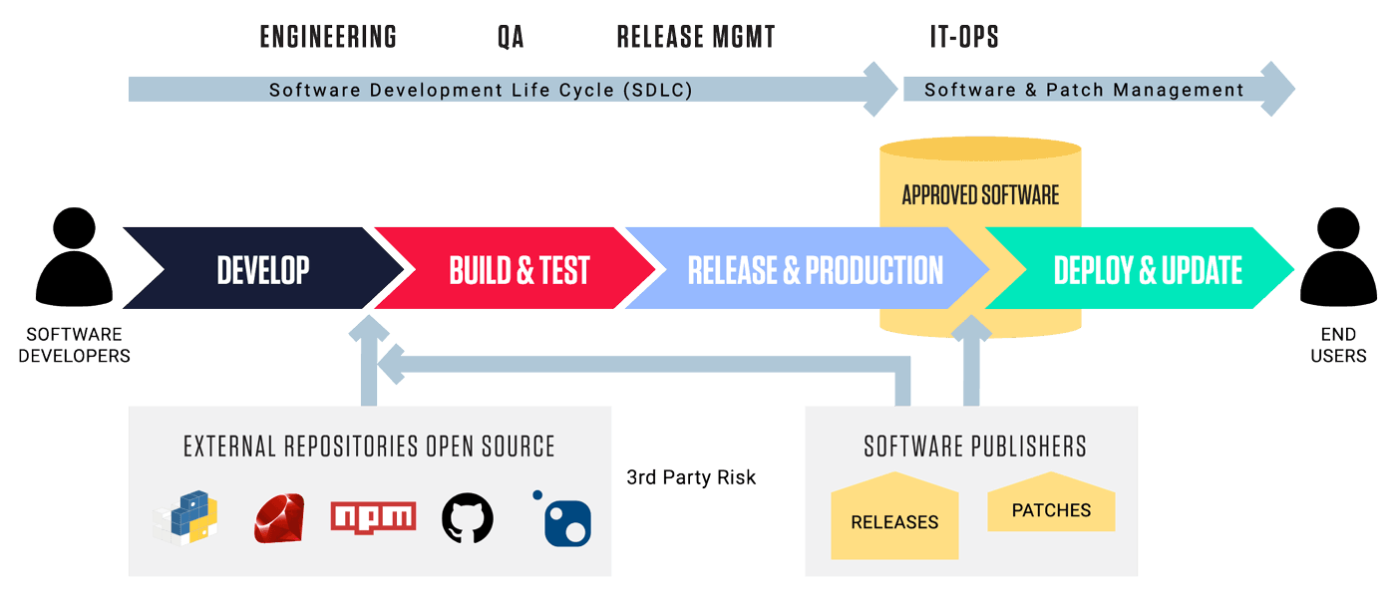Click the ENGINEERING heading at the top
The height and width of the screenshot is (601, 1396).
328,38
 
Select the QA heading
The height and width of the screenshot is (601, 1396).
511,38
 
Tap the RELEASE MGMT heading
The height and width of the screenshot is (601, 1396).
696,38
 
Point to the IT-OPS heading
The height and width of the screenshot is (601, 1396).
963,38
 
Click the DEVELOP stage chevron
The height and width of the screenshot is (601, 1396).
263,269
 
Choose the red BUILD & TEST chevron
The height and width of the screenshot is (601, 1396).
519,269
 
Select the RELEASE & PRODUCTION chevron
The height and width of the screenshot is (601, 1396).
815,269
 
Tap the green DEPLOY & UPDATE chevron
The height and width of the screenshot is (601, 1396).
1147,269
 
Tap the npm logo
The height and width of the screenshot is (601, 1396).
373,516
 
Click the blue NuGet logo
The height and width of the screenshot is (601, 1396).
564,518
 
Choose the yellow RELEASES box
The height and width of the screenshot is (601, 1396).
894,521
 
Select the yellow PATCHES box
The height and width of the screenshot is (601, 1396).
1051,509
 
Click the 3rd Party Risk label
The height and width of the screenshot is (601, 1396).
691,477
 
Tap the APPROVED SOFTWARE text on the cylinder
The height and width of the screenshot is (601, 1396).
980,194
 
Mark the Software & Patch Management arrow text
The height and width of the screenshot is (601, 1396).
1084,90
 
